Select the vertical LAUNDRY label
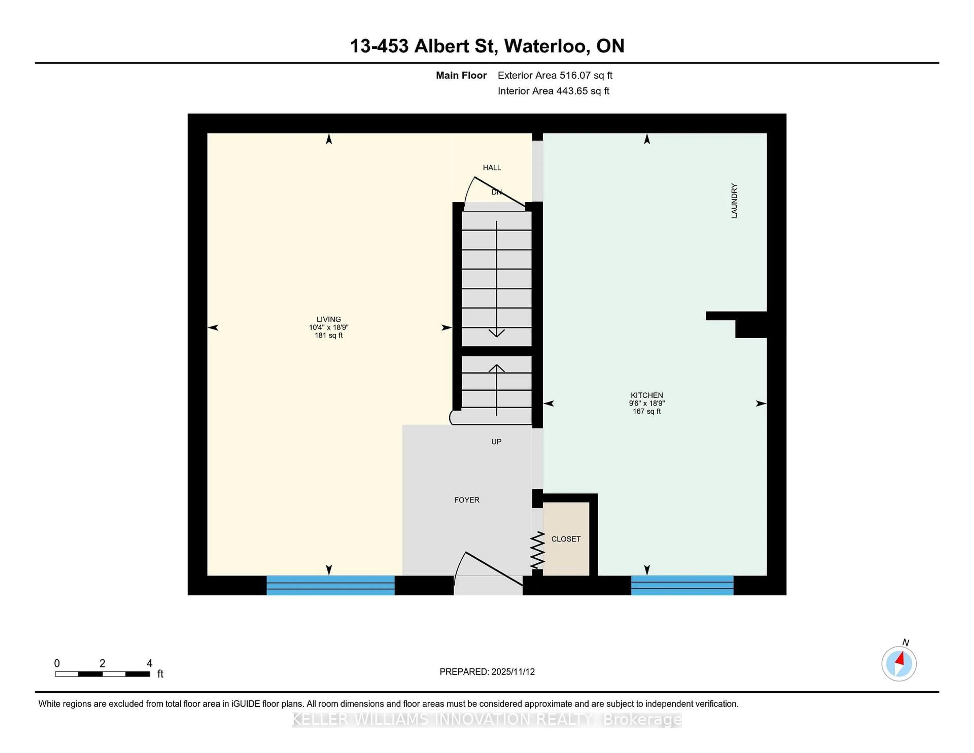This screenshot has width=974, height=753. pos(734,201)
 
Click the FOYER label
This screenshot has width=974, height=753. pos(466,500)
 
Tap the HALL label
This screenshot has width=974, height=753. pos(492,168)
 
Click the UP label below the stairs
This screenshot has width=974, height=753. pos(496,442)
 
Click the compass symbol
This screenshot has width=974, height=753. pos(899,664)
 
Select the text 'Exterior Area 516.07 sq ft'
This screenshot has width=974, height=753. pos(555,75)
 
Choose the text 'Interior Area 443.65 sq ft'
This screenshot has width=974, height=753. pos(553,91)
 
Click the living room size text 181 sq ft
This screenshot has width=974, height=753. pos(329,335)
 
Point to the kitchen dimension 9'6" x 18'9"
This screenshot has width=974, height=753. pos(647,403)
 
